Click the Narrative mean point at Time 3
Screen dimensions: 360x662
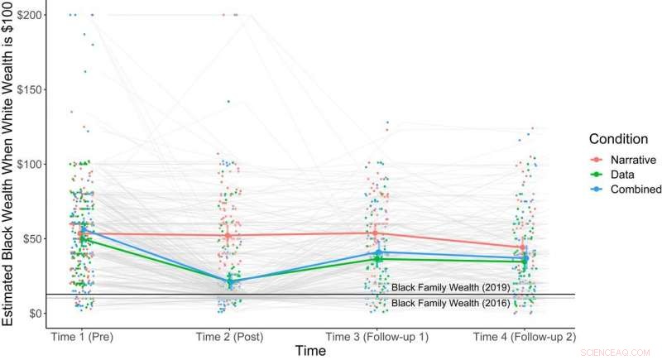point(376,233)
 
